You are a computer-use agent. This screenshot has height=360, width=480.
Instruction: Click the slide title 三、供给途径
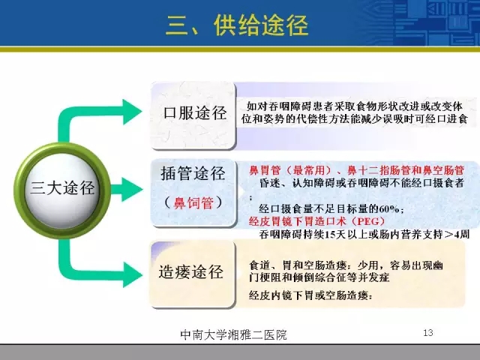237,25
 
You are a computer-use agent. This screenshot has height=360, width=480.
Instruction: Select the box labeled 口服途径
193,115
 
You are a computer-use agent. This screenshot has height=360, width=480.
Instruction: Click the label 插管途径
193,173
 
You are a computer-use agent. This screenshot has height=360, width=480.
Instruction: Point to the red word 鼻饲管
193,202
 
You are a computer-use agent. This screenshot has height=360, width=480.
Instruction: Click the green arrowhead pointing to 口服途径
132,112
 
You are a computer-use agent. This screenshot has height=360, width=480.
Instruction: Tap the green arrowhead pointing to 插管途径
132,189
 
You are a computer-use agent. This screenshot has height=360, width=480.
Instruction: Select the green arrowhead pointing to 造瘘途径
132,274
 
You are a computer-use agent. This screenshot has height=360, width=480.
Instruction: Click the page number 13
428,332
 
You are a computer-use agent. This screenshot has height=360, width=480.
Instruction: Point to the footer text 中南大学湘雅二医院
233,334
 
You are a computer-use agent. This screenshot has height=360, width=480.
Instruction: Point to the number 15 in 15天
328,235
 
